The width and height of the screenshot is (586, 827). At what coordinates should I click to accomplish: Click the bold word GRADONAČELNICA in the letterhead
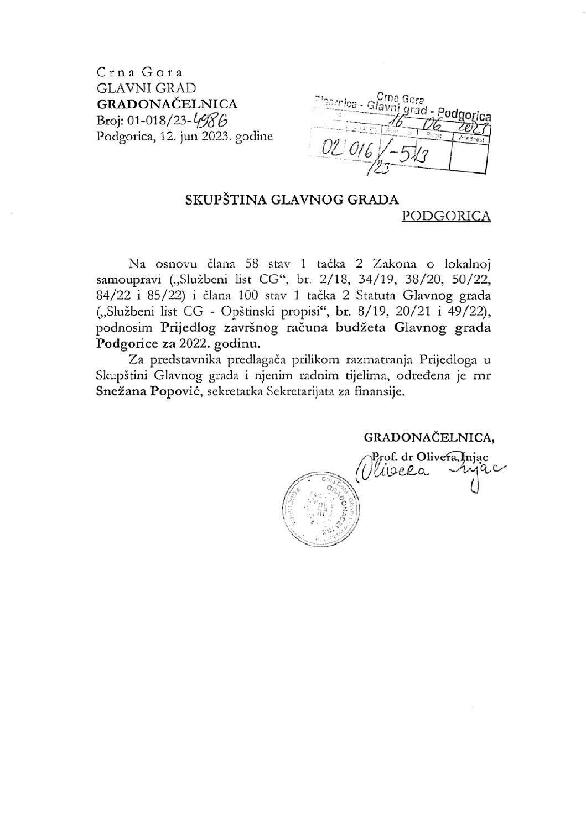pyautogui.click(x=167, y=103)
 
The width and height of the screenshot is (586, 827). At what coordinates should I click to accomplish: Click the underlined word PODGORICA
pyautogui.click(x=446, y=216)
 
